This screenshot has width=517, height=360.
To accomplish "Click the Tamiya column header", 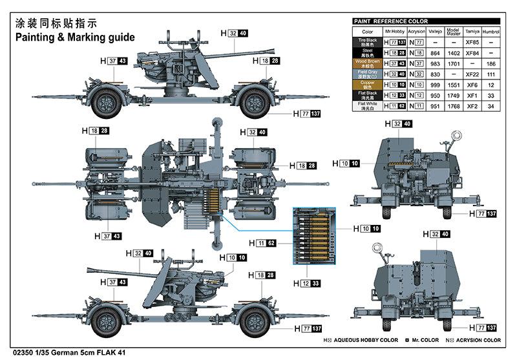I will pyautogui.click(x=472, y=31).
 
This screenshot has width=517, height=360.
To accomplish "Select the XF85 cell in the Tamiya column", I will pyautogui.click(x=472, y=42).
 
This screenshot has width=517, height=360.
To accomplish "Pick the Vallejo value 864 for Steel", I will pyautogui.click(x=435, y=52).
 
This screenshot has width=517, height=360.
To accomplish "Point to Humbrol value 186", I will pyautogui.click(x=492, y=63).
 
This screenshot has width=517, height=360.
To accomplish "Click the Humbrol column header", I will pyautogui.click(x=492, y=31).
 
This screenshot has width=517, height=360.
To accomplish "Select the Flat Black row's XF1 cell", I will pyautogui.click(x=472, y=96).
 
